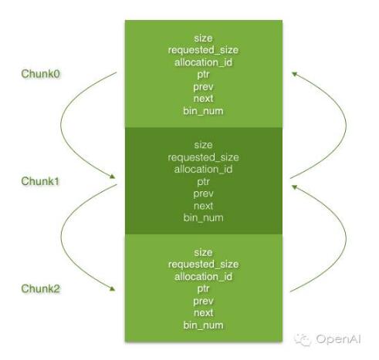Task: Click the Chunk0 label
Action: (40, 74)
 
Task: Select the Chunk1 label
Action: (40, 181)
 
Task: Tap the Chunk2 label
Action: (40, 288)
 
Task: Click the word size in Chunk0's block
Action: (203, 39)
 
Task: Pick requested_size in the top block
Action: (203, 50)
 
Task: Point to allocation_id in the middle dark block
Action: (203, 170)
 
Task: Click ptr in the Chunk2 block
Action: (203, 289)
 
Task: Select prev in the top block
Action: (203, 87)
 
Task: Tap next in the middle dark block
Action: (203, 206)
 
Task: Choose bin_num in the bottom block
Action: (203, 325)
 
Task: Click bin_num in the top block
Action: (203, 111)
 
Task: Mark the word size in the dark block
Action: (203, 145)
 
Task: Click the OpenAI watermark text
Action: (338, 339)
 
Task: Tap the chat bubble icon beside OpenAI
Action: (303, 339)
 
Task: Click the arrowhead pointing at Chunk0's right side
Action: (295, 74)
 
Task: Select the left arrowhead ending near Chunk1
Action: (112, 177)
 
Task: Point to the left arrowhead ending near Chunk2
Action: (112, 288)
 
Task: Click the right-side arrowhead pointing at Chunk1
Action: (295, 187)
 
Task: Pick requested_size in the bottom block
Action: (203, 264)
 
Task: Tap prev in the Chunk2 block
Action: (203, 301)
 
